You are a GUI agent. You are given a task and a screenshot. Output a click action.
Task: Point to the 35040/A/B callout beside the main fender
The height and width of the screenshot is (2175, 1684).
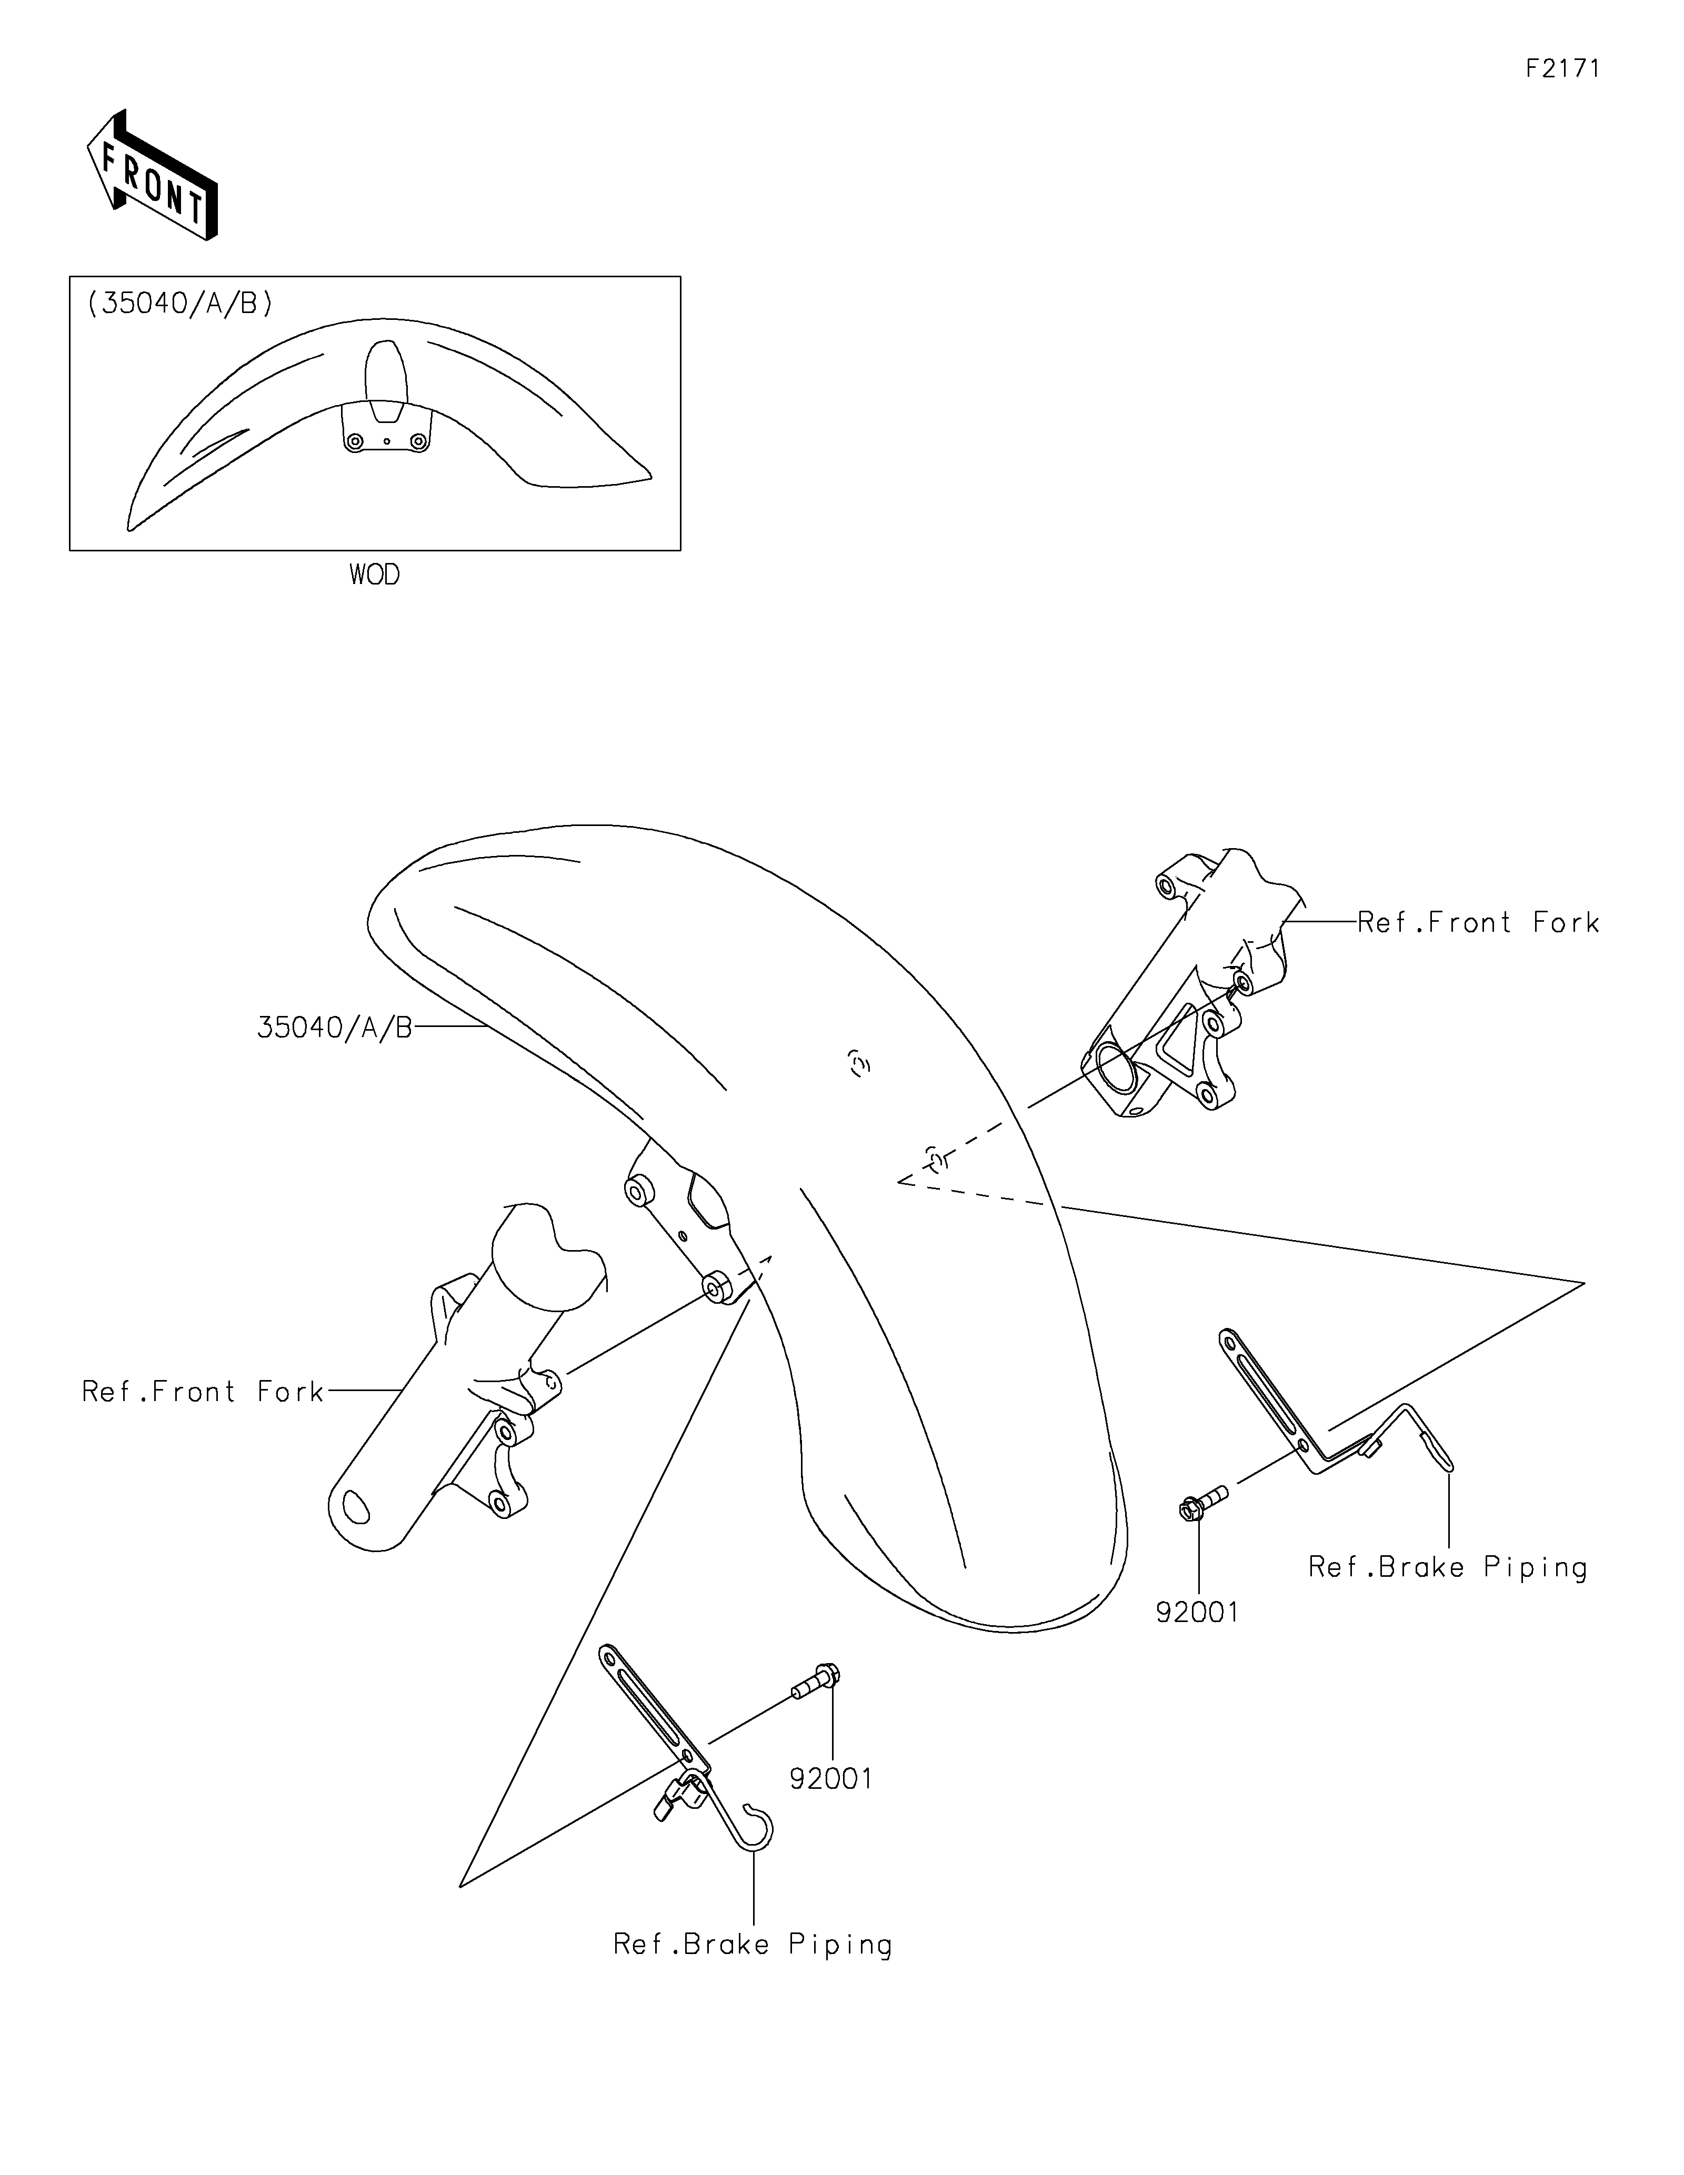coord(335,1028)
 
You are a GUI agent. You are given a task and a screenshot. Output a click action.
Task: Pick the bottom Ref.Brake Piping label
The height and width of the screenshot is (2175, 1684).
coord(753,1944)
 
